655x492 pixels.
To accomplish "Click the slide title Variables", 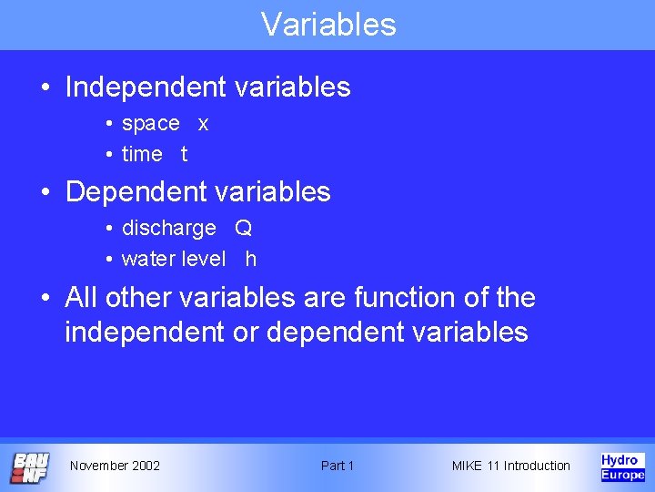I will [x=328, y=25].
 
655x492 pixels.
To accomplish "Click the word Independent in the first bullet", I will [x=144, y=87].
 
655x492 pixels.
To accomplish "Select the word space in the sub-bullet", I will [x=150, y=123].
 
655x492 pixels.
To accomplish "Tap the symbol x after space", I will [x=203, y=124].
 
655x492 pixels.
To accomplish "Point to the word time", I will [x=142, y=155].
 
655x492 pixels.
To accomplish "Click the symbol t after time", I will [x=184, y=155].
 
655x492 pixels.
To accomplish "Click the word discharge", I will [x=168, y=229].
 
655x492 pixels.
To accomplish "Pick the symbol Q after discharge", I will [x=243, y=229].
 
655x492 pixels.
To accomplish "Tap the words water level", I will [x=173, y=260].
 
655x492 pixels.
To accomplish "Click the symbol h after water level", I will [x=250, y=260].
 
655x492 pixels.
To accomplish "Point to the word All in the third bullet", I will [x=81, y=298].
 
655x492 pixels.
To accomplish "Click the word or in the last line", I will [x=245, y=333].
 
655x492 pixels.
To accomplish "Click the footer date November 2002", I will [x=115, y=466].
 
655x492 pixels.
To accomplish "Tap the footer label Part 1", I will [x=338, y=466].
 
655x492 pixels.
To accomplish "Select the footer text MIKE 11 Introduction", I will [x=510, y=466].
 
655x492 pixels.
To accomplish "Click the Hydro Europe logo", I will [x=622, y=466].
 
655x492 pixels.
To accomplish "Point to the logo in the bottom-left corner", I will [x=30, y=466].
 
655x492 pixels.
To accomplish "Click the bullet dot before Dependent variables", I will [x=45, y=193].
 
